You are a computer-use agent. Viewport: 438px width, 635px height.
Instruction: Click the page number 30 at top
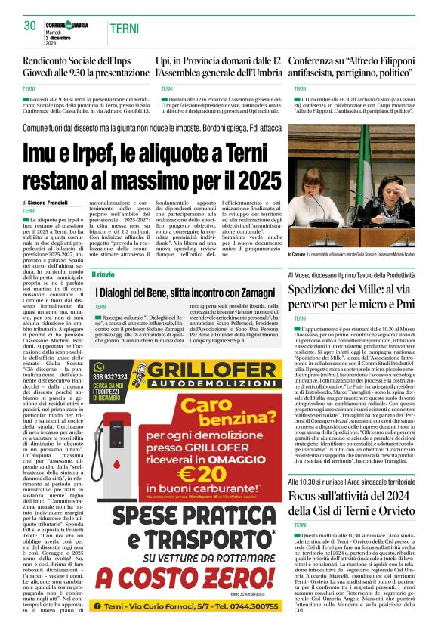click(30, 26)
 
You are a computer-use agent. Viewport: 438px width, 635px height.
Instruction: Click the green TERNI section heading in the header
click(124, 29)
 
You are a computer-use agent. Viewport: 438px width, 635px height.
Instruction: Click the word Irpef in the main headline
click(90, 151)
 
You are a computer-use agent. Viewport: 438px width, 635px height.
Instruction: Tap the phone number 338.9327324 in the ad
click(110, 376)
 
